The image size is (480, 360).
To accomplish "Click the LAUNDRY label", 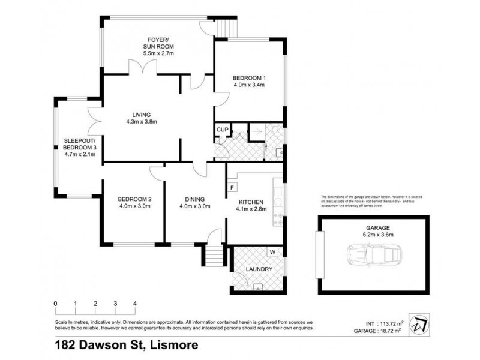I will [x=259, y=269].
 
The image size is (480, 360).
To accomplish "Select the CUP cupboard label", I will [x=221, y=130].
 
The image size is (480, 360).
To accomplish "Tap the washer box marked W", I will [x=272, y=252].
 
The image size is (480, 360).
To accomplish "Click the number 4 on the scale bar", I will [x=135, y=303].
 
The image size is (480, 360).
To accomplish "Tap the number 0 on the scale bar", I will [x=55, y=303].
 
